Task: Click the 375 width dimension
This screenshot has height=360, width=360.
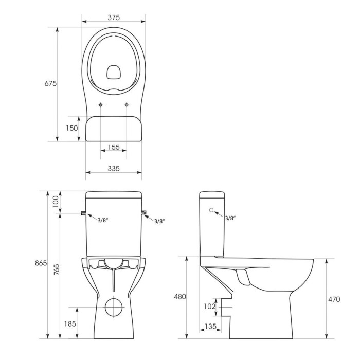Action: point(114,17)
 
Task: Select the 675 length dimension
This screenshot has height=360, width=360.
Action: point(50,83)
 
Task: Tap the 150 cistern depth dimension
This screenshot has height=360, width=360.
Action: point(71,128)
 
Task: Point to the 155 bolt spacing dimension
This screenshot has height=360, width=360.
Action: point(114,147)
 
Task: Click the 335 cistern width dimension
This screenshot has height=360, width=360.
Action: point(114,169)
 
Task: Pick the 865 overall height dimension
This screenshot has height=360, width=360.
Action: point(41,263)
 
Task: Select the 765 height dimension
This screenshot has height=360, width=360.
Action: point(57,269)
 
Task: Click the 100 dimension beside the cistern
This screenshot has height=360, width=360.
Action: point(56,202)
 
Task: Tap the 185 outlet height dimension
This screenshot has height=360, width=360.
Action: point(70,323)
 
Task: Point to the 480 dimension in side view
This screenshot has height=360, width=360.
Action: point(180,297)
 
